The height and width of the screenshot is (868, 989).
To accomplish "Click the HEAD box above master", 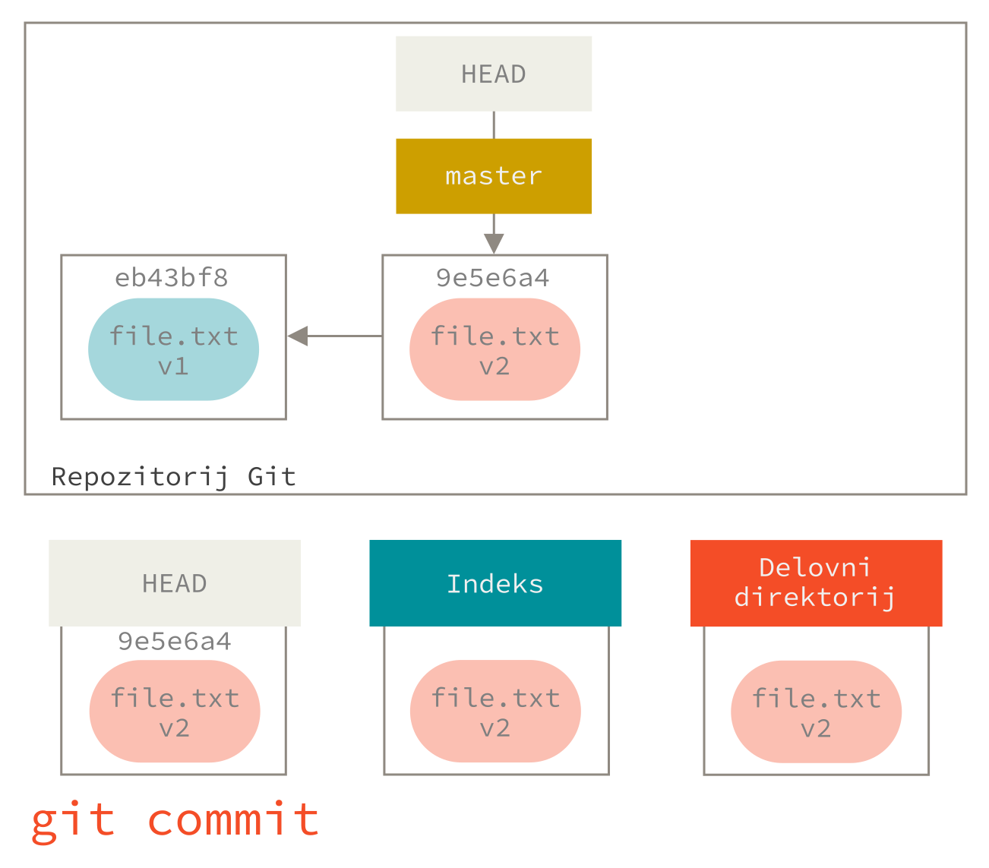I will pyautogui.click(x=494, y=74).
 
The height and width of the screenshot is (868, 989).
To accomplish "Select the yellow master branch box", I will pyautogui.click(x=494, y=176).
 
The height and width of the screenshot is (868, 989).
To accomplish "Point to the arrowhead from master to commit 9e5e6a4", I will pyautogui.click(x=494, y=243).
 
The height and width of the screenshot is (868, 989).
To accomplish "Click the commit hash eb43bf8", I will pyautogui.click(x=172, y=278).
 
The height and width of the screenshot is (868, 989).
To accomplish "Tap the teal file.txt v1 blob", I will pyautogui.click(x=174, y=349).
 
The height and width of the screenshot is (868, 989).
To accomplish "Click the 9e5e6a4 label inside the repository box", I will pyautogui.click(x=492, y=278).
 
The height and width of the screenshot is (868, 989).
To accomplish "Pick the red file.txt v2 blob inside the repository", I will pyautogui.click(x=494, y=349).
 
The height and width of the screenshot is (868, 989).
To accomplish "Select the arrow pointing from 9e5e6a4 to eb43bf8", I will pyautogui.click(x=334, y=336).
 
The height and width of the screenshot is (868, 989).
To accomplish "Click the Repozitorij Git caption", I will pyautogui.click(x=173, y=476).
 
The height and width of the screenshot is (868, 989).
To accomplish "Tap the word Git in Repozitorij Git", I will pyautogui.click(x=271, y=476).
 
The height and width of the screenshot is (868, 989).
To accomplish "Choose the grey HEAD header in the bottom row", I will pyautogui.click(x=175, y=583).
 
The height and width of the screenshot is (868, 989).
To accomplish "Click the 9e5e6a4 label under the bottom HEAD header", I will pyautogui.click(x=175, y=642).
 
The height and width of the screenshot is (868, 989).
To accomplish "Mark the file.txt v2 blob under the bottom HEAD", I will pyautogui.click(x=175, y=712).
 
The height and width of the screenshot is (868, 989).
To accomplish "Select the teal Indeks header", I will pyautogui.click(x=495, y=583).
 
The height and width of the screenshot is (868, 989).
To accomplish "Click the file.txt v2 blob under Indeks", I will pyautogui.click(x=495, y=712).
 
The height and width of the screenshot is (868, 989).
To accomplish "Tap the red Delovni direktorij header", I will pyautogui.click(x=816, y=583).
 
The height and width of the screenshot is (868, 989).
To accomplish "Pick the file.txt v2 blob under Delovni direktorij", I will pyautogui.click(x=817, y=712).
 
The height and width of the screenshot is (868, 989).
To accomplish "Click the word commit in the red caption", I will pyautogui.click(x=233, y=820).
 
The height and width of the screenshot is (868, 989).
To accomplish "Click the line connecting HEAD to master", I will pyautogui.click(x=494, y=125).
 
